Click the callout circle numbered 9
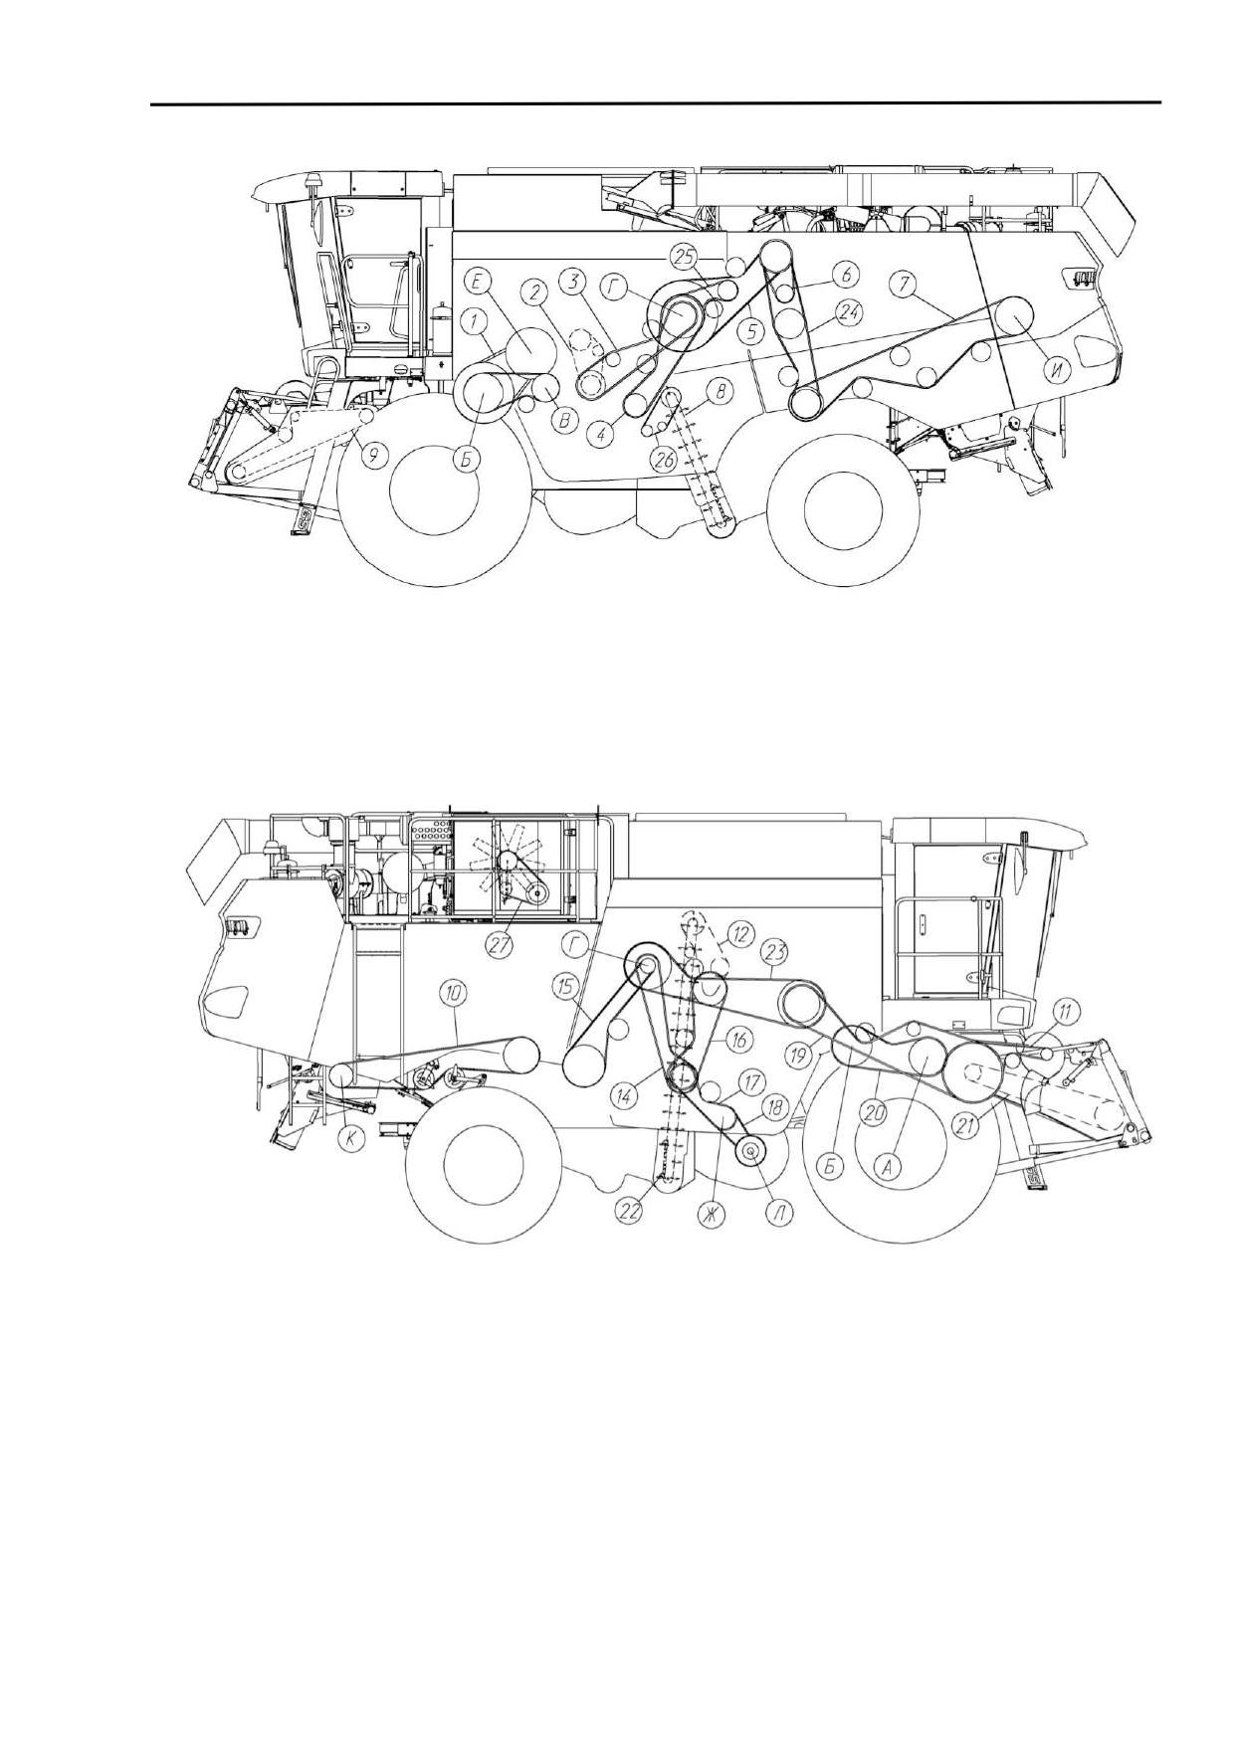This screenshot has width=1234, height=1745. (x=372, y=457)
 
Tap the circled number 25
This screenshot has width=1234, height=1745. (x=684, y=258)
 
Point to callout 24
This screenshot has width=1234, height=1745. (x=848, y=309)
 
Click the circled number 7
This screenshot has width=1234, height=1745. (x=903, y=284)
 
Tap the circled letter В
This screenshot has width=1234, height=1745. (x=563, y=421)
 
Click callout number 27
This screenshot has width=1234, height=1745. (x=501, y=946)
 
